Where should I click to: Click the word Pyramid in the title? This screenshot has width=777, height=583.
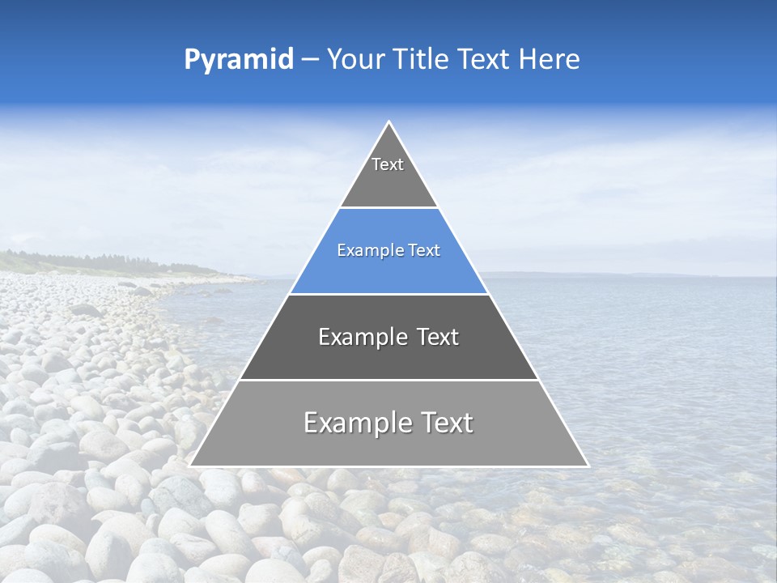pos(238,60)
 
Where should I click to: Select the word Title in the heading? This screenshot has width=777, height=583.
pos(422,60)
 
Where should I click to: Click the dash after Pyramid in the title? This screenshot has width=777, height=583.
pos(309,60)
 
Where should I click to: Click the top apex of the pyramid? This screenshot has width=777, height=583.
pos(389,123)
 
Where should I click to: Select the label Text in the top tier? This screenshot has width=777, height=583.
pos(388,164)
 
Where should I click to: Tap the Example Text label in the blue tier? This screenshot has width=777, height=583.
pos(388,250)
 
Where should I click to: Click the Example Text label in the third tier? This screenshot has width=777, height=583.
pos(388,337)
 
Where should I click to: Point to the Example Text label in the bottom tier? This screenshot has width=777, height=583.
pos(388,423)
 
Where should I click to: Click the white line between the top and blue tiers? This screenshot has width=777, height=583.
pos(388,207)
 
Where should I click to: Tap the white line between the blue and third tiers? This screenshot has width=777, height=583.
pos(388,294)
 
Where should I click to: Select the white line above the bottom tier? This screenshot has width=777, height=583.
pos(388,380)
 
